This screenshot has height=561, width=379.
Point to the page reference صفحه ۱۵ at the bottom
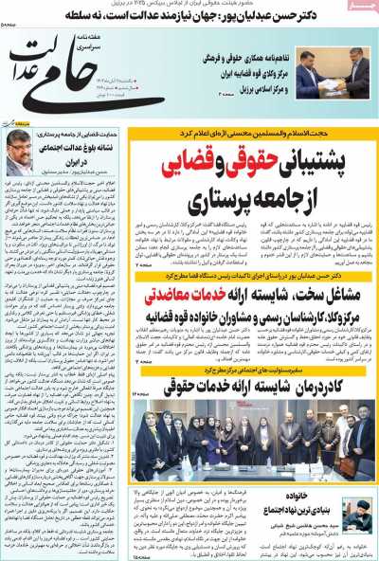(x=142, y=555)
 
